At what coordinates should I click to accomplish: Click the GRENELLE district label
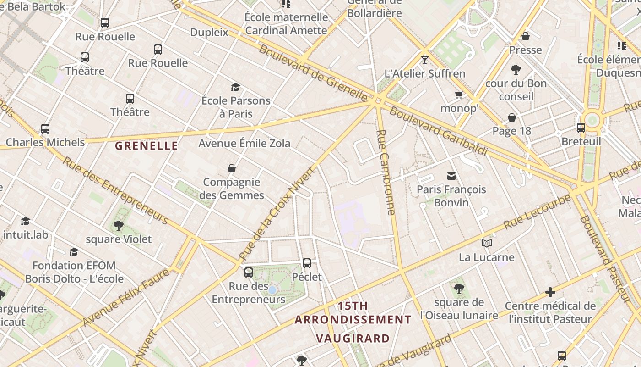coord(146,146)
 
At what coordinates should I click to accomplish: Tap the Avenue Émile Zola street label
coord(244,143)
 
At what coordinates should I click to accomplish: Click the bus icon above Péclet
coord(307,263)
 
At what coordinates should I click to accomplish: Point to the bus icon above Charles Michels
coord(45,129)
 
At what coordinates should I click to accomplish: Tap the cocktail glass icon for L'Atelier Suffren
coord(425,60)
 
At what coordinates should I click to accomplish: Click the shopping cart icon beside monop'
coord(459,95)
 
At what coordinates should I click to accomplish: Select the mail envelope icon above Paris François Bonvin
coord(451,176)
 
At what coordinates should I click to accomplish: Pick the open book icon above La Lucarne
coord(486,243)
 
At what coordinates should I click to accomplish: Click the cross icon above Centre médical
coord(550,292)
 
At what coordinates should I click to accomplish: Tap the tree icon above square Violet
coord(119,225)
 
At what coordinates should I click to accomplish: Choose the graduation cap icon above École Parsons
coord(235,87)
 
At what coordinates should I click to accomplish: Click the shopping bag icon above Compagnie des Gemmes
coord(232,168)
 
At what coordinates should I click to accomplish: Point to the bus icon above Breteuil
coord(581,128)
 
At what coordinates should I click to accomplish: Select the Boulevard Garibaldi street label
coord(438,131)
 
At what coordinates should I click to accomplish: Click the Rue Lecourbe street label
coord(538,211)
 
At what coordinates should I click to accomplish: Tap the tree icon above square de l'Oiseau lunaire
coord(459,289)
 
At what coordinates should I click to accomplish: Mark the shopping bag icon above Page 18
coord(512,117)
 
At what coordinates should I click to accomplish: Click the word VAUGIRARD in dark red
coord(353,339)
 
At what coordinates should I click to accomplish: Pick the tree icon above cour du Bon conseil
coord(516,70)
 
